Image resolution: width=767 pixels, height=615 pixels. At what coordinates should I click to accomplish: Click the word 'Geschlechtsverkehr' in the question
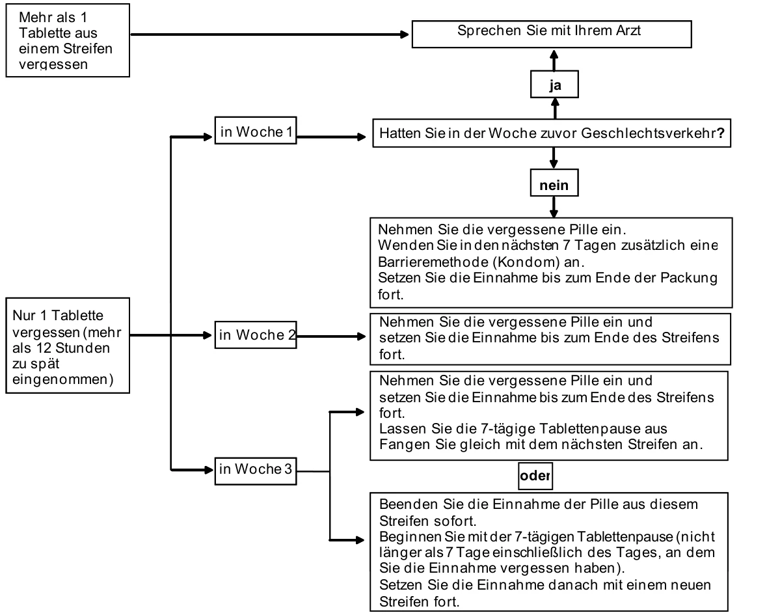(x=649, y=133)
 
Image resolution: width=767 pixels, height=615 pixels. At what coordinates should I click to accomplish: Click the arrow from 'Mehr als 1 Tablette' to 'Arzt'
(x=269, y=34)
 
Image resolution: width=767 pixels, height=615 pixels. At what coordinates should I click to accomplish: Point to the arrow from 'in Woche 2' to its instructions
(x=331, y=336)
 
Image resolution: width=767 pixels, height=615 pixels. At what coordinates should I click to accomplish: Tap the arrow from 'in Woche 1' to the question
(x=331, y=137)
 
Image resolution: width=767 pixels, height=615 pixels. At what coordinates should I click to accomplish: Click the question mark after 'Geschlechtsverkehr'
(x=721, y=133)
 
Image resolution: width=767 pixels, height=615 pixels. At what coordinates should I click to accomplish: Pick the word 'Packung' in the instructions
(x=689, y=278)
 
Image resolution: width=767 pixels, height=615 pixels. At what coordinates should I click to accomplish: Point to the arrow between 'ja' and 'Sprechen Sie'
(x=554, y=60)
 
